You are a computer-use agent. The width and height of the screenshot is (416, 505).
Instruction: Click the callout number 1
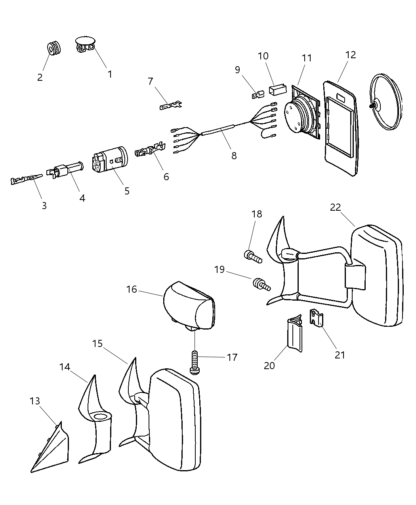110,74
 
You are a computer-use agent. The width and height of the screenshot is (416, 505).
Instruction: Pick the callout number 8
234,156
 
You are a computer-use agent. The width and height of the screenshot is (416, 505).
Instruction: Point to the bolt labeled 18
252,256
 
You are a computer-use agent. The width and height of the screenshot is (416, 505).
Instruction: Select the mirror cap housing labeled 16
189,305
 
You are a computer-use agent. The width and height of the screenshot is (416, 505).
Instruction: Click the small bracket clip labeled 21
316,317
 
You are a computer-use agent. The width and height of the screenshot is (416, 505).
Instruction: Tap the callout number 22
335,207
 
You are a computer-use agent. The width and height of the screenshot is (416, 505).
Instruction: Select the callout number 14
65,367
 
